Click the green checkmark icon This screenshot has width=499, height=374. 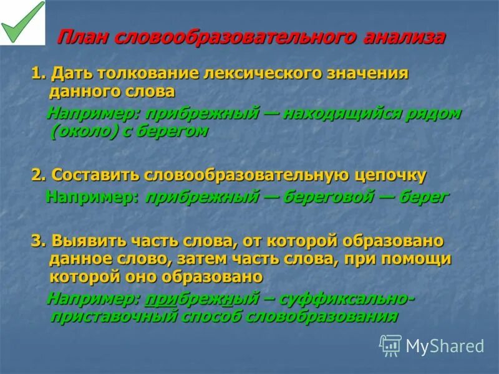click(22, 22)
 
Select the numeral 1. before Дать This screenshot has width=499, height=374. click(39, 74)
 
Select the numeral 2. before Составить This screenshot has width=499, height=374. click(39, 176)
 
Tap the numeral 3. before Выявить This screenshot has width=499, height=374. click(39, 241)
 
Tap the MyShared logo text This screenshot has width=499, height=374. click(445, 346)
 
